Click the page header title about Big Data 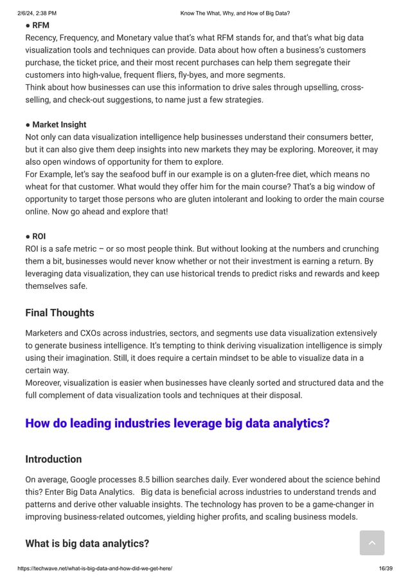(x=235, y=13)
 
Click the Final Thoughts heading (x=60, y=313)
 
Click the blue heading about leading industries (x=177, y=423)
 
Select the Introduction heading (x=53, y=459)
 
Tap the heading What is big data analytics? (x=87, y=544)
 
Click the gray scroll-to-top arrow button (x=372, y=543)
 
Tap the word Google (x=85, y=480)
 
